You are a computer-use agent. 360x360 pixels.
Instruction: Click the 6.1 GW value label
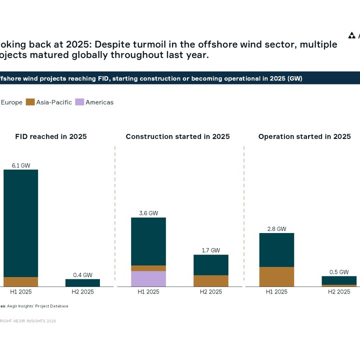[x=21, y=165]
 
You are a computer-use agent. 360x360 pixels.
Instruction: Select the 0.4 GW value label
[x=82, y=274]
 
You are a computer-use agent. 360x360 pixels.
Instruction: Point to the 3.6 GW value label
[x=148, y=213]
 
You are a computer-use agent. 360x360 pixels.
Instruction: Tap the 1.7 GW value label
[x=210, y=250]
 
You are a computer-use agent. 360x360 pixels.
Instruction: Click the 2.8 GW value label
[x=276, y=228]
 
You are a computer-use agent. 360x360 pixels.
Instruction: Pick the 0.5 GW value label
[x=339, y=272]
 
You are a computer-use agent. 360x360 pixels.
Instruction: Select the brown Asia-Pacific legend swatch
[x=30, y=102]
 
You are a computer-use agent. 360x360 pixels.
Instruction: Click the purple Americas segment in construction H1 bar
[x=148, y=278]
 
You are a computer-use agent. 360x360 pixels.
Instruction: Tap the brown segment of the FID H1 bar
[x=21, y=281]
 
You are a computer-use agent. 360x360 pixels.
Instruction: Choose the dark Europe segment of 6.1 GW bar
[x=21, y=222]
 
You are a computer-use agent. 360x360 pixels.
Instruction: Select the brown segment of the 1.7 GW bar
[x=210, y=280]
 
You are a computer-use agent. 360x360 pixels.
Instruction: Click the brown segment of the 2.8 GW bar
[x=276, y=276]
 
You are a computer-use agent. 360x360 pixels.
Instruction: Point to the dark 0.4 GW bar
[x=82, y=282]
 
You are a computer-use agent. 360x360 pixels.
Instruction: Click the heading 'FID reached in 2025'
[x=51, y=136]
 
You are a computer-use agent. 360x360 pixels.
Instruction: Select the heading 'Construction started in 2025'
[x=177, y=136]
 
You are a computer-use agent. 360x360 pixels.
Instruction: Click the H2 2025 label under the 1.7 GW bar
[x=210, y=291]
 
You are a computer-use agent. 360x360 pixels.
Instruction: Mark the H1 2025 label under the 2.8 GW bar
[x=276, y=291]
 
